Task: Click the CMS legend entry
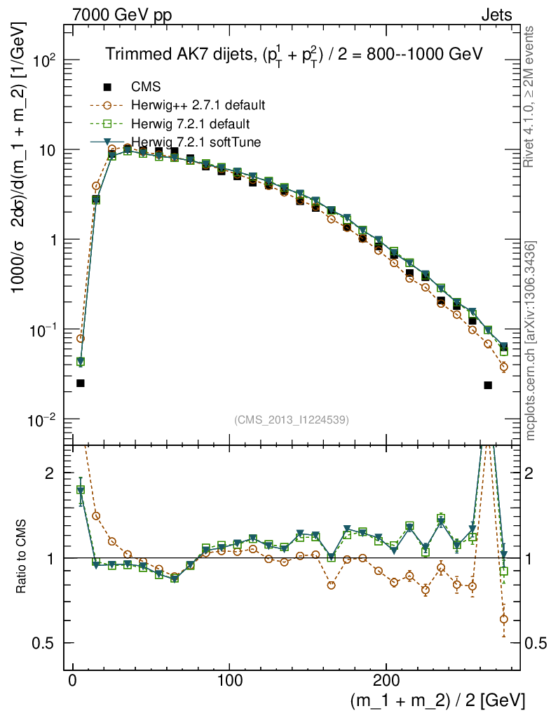tap(146, 88)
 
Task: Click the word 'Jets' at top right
tap(496, 15)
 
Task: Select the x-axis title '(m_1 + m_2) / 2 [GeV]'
tap(437, 700)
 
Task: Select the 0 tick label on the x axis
tap(73, 680)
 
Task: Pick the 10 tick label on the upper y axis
tap(48, 151)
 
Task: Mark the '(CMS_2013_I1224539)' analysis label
tap(291, 419)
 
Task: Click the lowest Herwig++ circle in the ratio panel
tap(503, 619)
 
